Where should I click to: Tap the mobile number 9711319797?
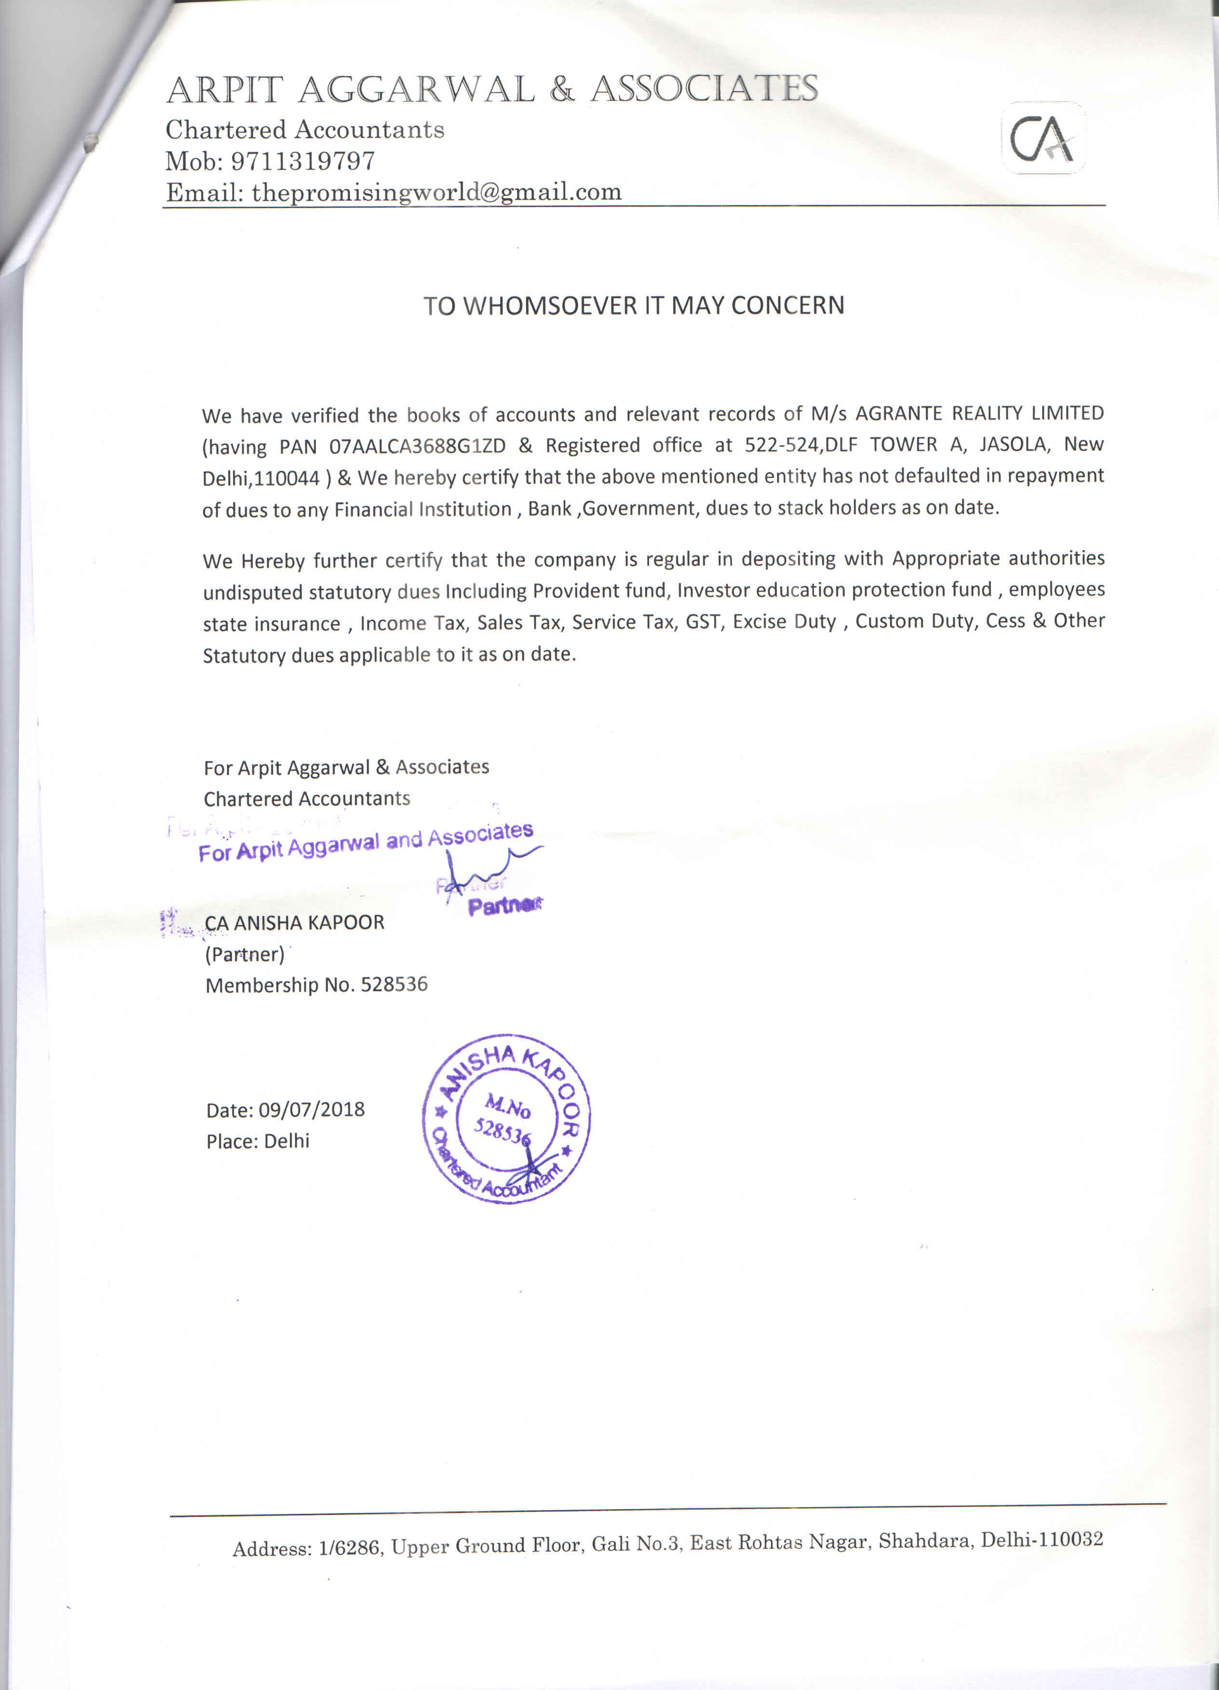point(302,161)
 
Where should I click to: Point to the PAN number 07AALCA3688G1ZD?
point(417,446)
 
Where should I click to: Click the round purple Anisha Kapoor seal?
point(507,1118)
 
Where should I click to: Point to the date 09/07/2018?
point(312,1109)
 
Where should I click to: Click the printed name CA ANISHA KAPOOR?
point(294,923)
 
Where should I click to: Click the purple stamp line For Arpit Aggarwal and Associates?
point(365,843)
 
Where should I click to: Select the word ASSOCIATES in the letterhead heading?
point(704,89)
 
